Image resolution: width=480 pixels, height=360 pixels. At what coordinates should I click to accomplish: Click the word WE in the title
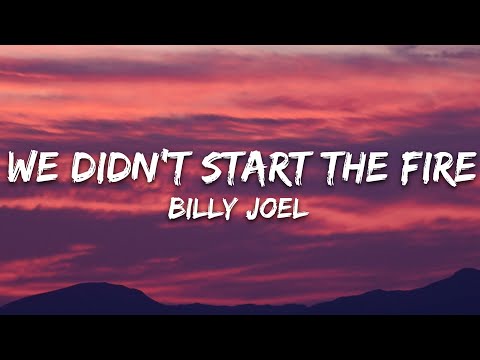click(30, 167)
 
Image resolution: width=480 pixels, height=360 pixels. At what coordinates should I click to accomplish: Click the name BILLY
click(208, 212)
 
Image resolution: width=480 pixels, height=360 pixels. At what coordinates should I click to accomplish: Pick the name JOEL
click(283, 212)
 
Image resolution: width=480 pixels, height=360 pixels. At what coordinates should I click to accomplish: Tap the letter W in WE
click(21, 167)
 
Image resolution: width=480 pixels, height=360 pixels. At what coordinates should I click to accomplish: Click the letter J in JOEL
click(260, 212)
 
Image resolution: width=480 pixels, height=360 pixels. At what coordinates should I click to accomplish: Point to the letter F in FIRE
click(404, 167)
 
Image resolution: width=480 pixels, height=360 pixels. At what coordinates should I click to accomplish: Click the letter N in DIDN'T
click(131, 167)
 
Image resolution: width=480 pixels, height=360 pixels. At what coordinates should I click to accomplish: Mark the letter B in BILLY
click(178, 212)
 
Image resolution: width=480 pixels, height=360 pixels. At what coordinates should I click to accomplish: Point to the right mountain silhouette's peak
click(466, 269)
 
